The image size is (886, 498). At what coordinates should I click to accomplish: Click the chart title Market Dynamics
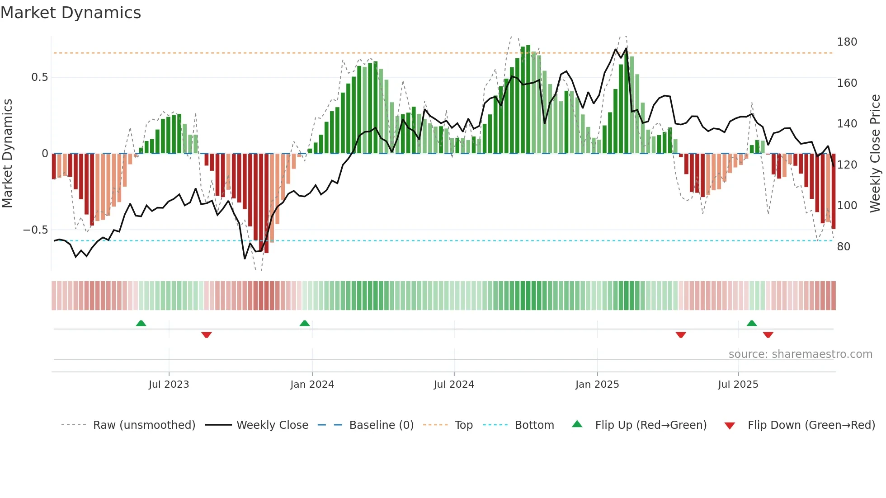click(71, 13)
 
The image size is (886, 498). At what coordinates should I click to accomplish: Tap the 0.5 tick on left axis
click(39, 77)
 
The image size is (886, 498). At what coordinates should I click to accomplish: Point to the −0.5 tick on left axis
click(36, 230)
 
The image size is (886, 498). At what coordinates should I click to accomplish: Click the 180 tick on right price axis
click(847, 42)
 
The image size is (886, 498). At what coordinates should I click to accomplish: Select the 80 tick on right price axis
click(844, 247)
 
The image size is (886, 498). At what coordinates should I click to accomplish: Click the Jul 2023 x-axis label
click(169, 385)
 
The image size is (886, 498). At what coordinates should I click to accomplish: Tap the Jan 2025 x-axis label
click(597, 385)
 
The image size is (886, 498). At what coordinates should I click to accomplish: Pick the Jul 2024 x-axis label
click(454, 385)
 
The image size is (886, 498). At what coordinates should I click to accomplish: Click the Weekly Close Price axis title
click(875, 153)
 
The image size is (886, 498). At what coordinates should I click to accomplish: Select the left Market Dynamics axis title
click(7, 153)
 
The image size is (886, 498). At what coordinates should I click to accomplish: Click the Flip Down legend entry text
click(811, 425)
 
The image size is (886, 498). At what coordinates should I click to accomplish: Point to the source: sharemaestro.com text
click(800, 354)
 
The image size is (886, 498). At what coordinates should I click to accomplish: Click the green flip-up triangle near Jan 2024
click(305, 324)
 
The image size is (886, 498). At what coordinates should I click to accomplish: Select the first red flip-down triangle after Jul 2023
click(207, 335)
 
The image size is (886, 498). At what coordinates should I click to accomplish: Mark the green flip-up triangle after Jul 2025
click(752, 324)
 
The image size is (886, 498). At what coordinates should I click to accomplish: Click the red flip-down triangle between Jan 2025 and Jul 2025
click(681, 335)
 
